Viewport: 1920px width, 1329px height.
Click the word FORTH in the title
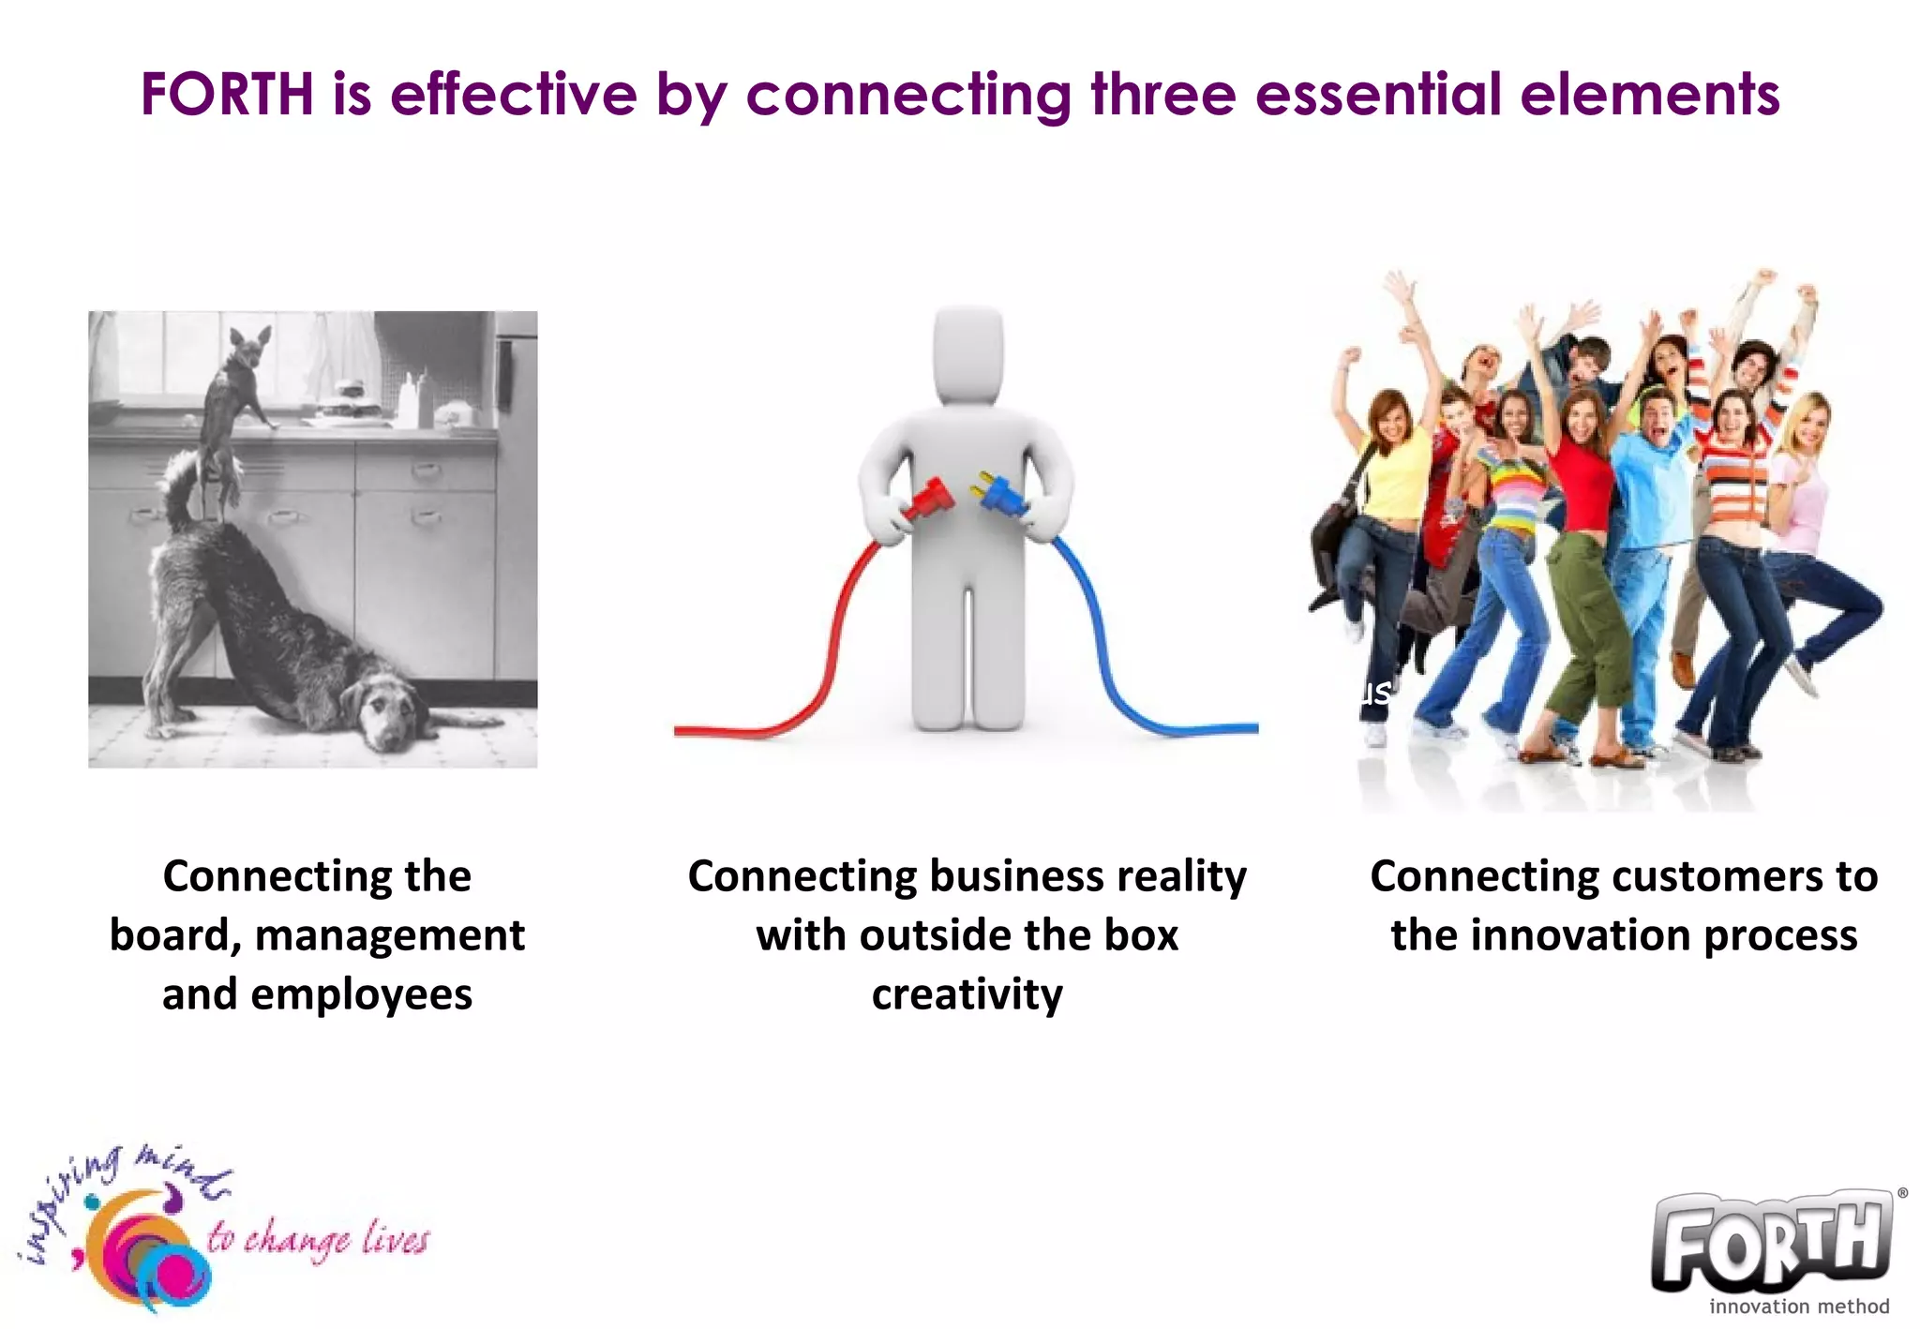[x=227, y=95]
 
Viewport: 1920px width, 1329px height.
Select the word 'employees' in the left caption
[x=361, y=994]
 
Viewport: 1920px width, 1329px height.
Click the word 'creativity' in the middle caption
[x=967, y=994]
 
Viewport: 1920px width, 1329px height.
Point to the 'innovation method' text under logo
[x=1798, y=1306]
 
